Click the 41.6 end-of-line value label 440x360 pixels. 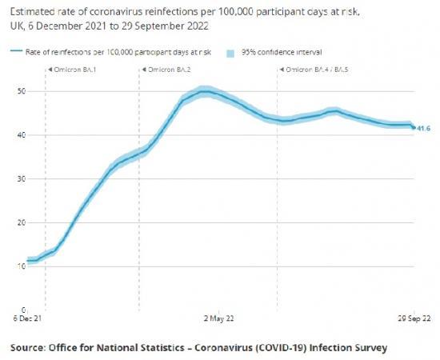pos(424,128)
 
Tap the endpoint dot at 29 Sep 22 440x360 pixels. pos(414,127)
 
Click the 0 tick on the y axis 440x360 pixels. pos(24,309)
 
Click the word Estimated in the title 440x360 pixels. pos(29,14)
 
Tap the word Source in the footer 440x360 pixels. pos(30,348)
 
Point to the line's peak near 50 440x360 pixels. pos(206,93)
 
